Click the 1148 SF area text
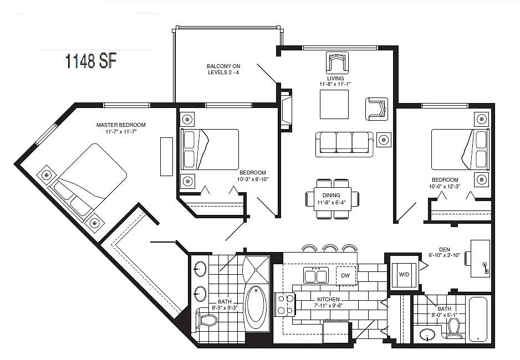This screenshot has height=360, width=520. (91, 61)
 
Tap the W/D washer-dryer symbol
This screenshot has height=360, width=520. (404, 275)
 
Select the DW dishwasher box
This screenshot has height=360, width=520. (345, 276)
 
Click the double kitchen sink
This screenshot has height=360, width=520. (316, 275)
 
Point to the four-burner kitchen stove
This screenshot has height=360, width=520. (286, 304)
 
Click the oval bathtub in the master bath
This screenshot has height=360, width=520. (256, 305)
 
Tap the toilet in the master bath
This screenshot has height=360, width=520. (207, 320)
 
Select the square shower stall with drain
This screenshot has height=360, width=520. (256, 270)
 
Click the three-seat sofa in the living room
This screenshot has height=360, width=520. (344, 144)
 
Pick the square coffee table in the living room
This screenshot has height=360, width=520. (334, 104)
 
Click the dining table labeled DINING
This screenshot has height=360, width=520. (332, 199)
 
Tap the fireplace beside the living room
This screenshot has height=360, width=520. (286, 111)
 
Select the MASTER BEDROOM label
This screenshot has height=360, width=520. (121, 125)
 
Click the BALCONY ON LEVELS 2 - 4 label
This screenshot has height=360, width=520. (223, 69)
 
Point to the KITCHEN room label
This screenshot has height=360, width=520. (328, 299)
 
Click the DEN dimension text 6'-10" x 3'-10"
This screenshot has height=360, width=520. (444, 255)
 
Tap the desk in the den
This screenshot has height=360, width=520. (480, 258)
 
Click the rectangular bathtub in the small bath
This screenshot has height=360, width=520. (478, 319)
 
